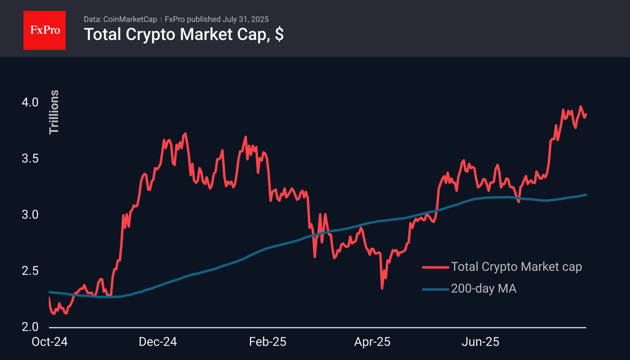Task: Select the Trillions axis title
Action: click(54, 112)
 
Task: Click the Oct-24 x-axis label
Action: click(49, 342)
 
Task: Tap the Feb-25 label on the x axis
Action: click(268, 342)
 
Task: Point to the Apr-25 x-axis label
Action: click(373, 342)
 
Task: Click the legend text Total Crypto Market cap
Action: click(516, 267)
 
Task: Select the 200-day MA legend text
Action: click(484, 288)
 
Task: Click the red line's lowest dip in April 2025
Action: click(382, 288)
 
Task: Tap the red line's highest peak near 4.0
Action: click(581, 107)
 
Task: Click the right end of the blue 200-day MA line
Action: click(585, 195)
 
